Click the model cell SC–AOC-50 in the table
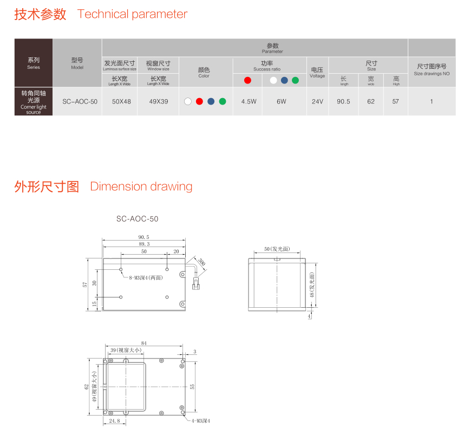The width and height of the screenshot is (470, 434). (80, 102)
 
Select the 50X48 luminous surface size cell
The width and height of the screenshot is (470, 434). (121, 102)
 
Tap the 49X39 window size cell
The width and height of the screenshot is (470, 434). (159, 102)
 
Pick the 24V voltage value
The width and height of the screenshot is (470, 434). (317, 102)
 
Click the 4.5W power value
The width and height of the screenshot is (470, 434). (249, 102)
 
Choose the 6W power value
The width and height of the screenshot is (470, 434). (282, 102)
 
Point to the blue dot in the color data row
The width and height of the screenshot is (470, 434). (211, 101)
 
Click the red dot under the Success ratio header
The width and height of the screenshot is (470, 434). (247, 80)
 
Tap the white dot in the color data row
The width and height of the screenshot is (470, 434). (188, 101)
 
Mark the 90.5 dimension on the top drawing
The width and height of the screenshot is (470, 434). (144, 237)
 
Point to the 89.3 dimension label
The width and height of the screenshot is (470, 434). (144, 244)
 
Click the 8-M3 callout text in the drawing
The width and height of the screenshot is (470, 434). (146, 278)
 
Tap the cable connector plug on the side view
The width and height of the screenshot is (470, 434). (196, 284)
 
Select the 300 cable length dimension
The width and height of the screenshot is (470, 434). (202, 262)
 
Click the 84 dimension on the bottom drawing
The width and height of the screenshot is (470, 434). (144, 343)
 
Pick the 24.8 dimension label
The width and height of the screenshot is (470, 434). (114, 421)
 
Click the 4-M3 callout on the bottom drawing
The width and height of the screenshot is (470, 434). (201, 421)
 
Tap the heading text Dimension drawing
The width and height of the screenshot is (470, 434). (141, 186)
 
